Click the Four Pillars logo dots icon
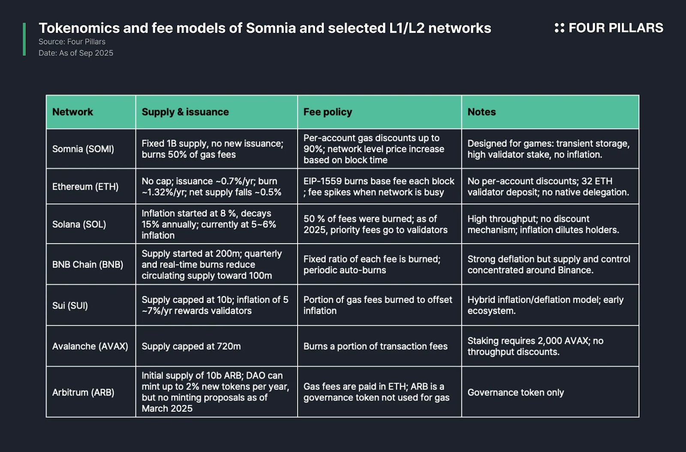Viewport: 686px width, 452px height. point(559,28)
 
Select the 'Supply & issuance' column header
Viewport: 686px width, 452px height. point(185,112)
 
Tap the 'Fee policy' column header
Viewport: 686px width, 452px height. point(328,112)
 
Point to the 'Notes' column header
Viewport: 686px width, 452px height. point(481,112)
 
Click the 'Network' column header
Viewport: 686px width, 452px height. point(72,112)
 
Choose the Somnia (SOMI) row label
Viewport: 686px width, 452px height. point(83,149)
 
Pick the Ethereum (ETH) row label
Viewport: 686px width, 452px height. point(85,187)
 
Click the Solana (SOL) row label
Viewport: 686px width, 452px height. point(79,224)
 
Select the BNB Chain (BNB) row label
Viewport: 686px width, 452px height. point(87,265)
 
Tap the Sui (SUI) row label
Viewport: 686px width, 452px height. point(70,306)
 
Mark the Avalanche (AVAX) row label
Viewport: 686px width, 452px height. point(90,346)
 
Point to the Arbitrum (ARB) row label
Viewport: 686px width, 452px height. point(83,393)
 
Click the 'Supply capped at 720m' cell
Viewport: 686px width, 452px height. point(191,346)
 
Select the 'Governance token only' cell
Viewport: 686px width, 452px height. point(515,393)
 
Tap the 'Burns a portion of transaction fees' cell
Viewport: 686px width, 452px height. point(375,346)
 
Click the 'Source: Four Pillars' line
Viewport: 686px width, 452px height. point(72,42)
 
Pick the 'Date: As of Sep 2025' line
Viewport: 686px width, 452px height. point(76,53)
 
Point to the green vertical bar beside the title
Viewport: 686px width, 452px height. point(24,39)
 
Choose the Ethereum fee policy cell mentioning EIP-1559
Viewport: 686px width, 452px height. point(379,187)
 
